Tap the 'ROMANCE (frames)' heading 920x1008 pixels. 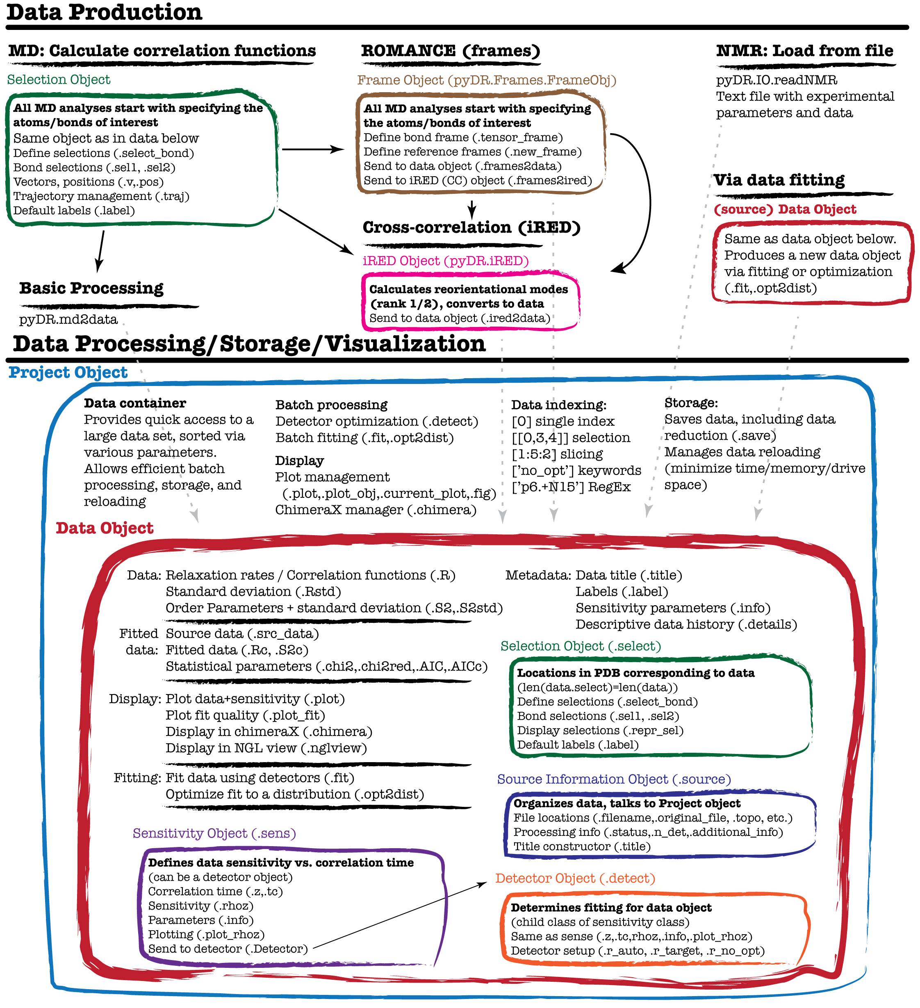450,50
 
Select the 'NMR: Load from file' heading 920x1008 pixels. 804,50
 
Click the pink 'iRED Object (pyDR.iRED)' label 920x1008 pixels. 445,261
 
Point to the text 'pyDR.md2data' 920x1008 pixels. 68,320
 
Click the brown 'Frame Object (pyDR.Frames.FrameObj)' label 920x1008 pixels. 486,80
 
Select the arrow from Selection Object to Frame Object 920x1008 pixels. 313,149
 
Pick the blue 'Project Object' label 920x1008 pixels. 68,372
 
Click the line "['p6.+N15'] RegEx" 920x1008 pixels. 571,487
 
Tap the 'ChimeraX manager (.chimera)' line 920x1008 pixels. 376,510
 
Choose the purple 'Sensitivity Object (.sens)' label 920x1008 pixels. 214,833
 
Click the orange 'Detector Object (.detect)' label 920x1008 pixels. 575,879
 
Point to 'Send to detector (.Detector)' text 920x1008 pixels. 228,949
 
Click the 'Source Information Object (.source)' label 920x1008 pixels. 614,779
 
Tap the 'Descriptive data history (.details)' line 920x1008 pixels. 686,624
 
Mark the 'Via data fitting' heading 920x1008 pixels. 779,179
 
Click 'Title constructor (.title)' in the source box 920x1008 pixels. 582,847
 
